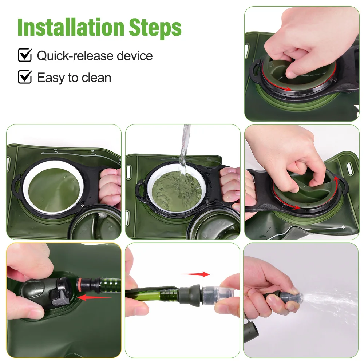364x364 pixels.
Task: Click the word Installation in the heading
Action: (x=71, y=27)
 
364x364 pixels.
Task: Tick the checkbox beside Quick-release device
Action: (x=25, y=55)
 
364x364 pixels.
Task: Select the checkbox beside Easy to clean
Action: (x=25, y=77)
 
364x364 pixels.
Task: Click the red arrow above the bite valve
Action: (x=195, y=274)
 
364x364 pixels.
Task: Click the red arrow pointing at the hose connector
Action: (x=94, y=297)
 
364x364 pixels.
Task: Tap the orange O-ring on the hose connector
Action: (x=79, y=284)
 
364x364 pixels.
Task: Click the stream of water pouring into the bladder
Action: (x=185, y=158)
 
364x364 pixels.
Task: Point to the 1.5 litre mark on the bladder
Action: (x=93, y=152)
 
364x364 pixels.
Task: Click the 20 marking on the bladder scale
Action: (x=55, y=151)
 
